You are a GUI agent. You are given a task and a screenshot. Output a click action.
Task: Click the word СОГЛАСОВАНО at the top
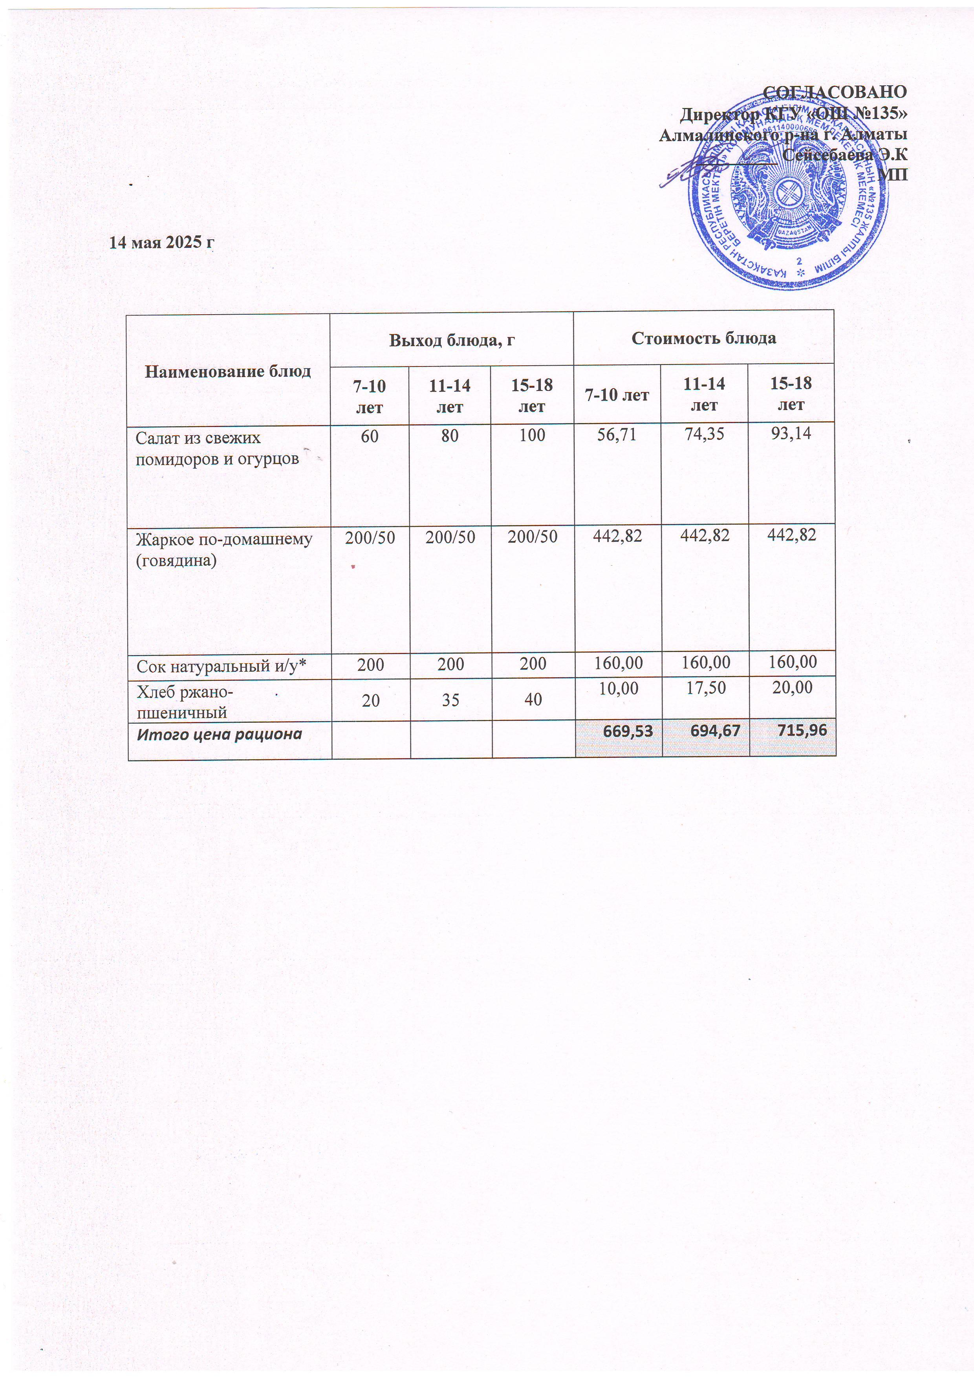pyautogui.click(x=834, y=92)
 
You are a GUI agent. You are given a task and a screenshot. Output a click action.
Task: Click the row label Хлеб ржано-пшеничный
pyautogui.click(x=185, y=702)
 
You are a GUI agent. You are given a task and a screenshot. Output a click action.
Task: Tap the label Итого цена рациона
pyautogui.click(x=219, y=734)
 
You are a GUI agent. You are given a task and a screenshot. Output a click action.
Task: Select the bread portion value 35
pyautogui.click(x=451, y=700)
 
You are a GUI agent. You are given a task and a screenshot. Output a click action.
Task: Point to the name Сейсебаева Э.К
pyautogui.click(x=844, y=155)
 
